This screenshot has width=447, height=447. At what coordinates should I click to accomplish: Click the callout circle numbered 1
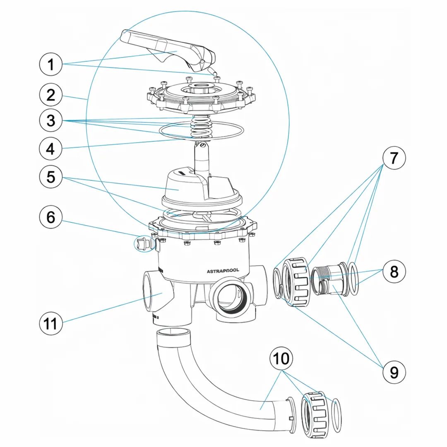(x=50, y=65)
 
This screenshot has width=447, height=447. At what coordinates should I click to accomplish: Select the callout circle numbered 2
(x=50, y=96)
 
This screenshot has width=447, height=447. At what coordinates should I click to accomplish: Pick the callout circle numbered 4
(x=50, y=148)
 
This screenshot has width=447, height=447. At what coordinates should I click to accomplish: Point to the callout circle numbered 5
(x=50, y=177)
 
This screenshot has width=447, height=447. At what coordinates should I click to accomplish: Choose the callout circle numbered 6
(x=50, y=217)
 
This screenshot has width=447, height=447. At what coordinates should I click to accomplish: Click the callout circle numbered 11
(x=50, y=323)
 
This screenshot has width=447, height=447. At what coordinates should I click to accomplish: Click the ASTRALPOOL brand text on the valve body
(x=226, y=271)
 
